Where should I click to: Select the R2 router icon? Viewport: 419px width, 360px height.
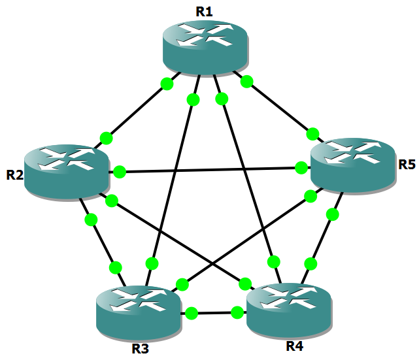(67, 169)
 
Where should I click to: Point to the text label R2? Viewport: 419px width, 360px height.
(15, 175)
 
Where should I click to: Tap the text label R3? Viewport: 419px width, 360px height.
(140, 348)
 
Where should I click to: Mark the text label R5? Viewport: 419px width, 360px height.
(407, 164)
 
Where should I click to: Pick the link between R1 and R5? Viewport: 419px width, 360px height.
(280, 108)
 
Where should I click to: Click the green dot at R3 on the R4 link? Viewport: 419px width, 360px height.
(192, 314)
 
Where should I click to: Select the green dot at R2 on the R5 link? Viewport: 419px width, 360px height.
(119, 172)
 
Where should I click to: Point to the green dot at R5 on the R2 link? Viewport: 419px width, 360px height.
(301, 168)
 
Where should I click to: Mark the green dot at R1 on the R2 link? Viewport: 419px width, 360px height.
(167, 84)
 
